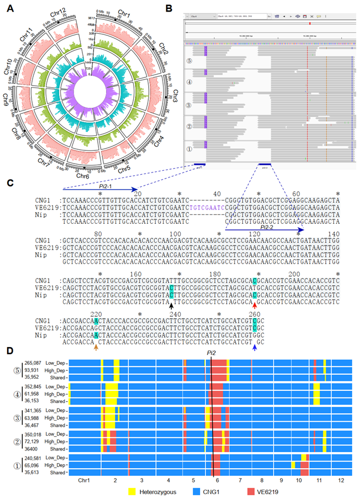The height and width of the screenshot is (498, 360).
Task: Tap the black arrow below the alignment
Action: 171,306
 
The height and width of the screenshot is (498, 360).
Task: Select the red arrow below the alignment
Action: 254,306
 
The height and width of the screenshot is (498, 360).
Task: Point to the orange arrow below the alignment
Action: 97,347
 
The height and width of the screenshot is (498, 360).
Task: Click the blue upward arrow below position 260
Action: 254,347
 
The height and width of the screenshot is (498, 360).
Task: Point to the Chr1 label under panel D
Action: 85,480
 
